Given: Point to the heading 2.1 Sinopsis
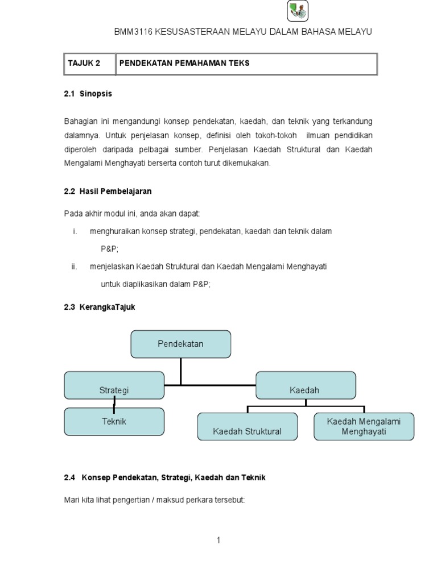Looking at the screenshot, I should click(88, 94).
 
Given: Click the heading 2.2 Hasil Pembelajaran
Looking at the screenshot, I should click(108, 192).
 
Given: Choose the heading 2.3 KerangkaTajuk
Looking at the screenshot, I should click(100, 307).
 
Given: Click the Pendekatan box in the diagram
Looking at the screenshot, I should click(180, 344).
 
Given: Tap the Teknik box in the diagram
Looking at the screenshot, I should click(114, 421).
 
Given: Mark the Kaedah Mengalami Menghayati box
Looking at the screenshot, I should click(364, 427).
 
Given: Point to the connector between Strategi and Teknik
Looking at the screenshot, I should click(114, 404).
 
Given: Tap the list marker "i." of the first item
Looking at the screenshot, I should click(75, 232).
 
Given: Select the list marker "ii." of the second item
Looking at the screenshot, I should click(74, 267).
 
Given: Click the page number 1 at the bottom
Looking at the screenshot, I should click(218, 541).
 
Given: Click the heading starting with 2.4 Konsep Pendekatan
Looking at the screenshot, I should click(165, 478).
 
